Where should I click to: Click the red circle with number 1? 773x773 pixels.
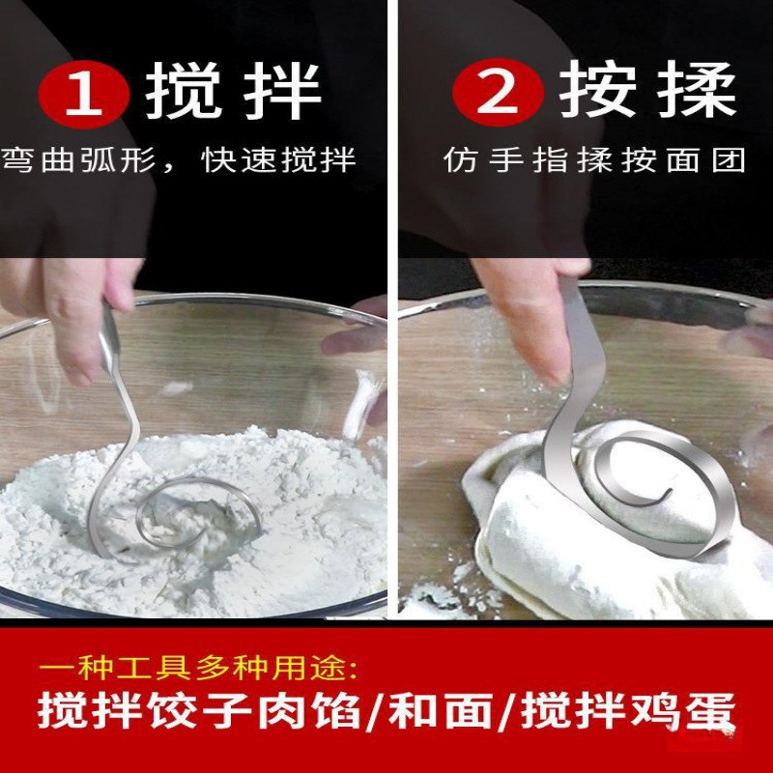[x=83, y=93]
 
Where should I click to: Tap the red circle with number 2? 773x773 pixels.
[x=497, y=93]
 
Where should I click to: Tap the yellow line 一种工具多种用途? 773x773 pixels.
[x=198, y=668]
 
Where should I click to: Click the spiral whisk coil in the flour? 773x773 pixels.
[x=198, y=517]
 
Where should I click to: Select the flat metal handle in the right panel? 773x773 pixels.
[x=577, y=358]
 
